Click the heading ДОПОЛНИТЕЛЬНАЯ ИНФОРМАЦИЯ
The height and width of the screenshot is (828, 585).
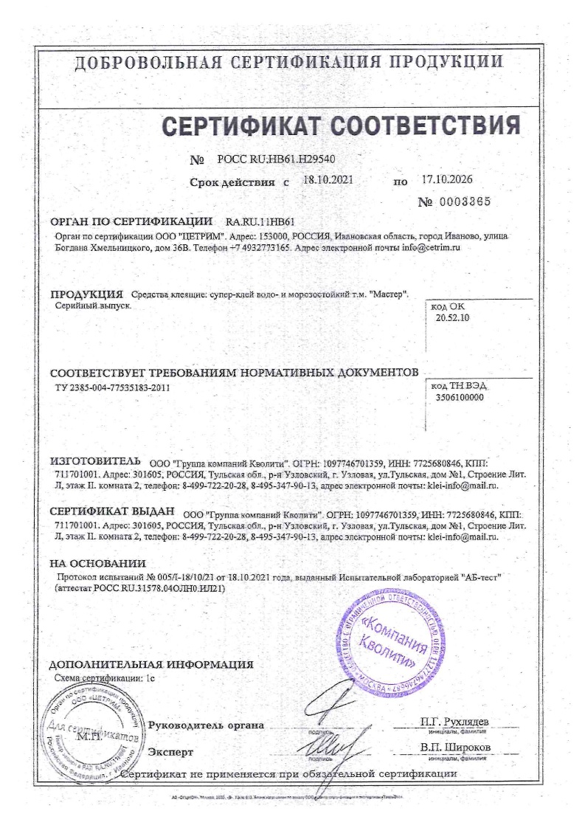[x=150, y=663]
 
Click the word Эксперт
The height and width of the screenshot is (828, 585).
[x=170, y=752]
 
